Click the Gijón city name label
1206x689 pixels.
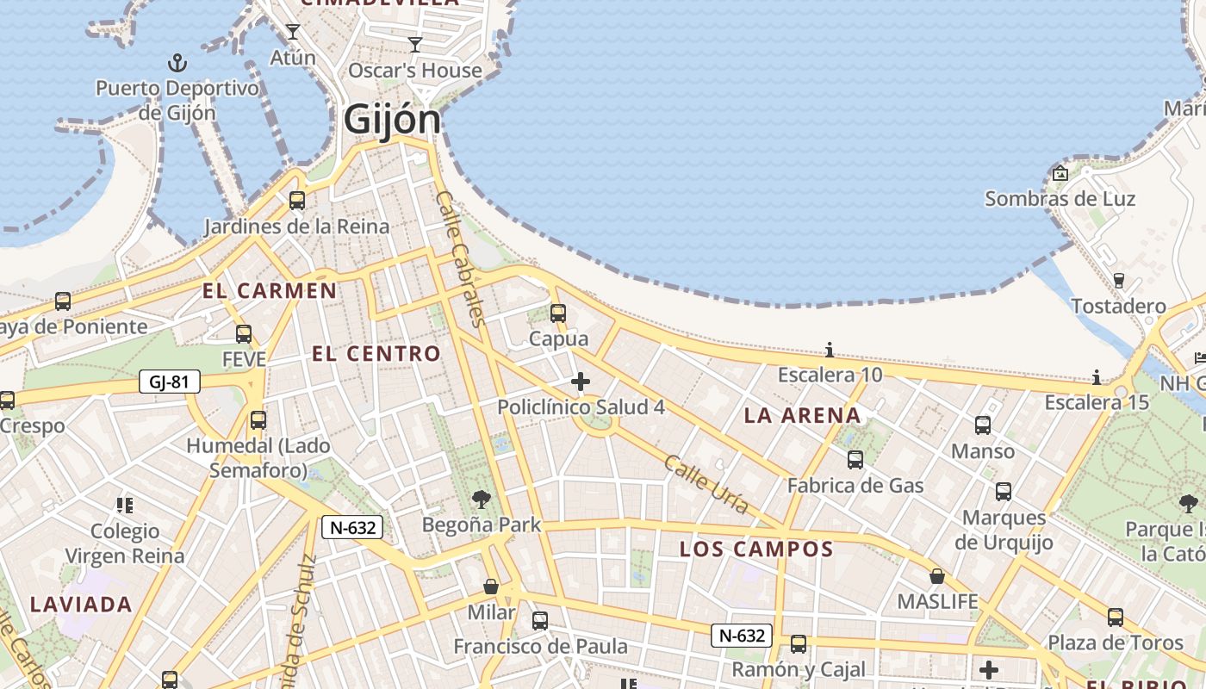point(392,120)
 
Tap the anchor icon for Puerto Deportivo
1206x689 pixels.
point(177,63)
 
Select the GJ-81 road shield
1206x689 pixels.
point(170,382)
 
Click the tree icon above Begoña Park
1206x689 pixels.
point(482,499)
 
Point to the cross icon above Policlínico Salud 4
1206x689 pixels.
point(581,382)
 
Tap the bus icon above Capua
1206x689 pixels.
point(558,313)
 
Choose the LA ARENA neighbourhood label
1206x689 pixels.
point(802,416)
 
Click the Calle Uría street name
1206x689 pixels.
point(706,485)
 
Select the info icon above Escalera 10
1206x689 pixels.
point(830,350)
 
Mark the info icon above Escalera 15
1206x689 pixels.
point(1097,377)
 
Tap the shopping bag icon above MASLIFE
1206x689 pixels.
point(937,576)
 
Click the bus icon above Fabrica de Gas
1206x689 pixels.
point(855,460)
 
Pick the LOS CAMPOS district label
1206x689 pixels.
point(756,549)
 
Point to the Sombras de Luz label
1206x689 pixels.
point(1060,199)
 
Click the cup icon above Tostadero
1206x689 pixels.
point(1118,281)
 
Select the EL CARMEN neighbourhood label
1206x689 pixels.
point(270,291)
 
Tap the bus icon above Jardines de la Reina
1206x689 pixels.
point(297,201)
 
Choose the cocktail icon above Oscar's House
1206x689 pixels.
point(415,45)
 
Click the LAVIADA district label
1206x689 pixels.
point(81,605)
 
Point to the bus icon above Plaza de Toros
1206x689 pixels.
point(1116,618)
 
